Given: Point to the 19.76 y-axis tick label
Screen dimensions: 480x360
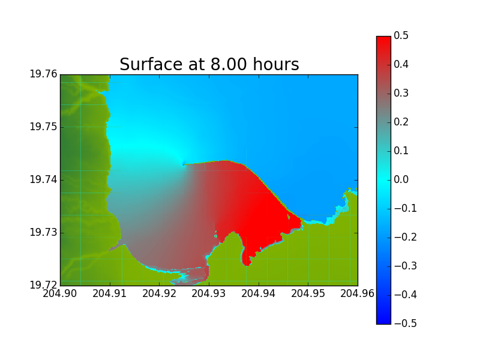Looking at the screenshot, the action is [43, 74].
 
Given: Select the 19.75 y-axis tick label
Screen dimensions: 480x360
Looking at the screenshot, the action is [43, 127].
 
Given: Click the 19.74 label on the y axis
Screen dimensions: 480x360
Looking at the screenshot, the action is [43, 179].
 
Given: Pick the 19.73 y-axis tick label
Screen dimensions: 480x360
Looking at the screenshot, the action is [43, 232].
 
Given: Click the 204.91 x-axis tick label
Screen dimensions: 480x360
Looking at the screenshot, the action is [110, 293].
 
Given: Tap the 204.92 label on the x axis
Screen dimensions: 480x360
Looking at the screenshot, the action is [159, 293].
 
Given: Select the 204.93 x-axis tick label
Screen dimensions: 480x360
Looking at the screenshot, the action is [209, 293].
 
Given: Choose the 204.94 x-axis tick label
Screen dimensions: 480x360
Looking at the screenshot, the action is [259, 293].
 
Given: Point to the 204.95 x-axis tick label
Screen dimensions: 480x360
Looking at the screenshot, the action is [308, 293].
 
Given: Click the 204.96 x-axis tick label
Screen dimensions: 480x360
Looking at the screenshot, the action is [357, 293].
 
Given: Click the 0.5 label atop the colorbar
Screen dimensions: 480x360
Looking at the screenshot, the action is [401, 35].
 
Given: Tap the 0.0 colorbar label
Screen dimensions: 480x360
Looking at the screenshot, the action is [401, 179].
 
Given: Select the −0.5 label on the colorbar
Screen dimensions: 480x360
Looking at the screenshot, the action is [406, 323].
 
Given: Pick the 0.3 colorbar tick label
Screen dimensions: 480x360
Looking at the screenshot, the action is [401, 93].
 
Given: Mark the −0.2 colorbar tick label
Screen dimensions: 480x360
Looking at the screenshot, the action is [406, 237].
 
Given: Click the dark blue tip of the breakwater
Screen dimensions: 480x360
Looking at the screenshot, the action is [184, 164].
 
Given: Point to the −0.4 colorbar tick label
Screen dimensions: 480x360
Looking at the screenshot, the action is [406, 295].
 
